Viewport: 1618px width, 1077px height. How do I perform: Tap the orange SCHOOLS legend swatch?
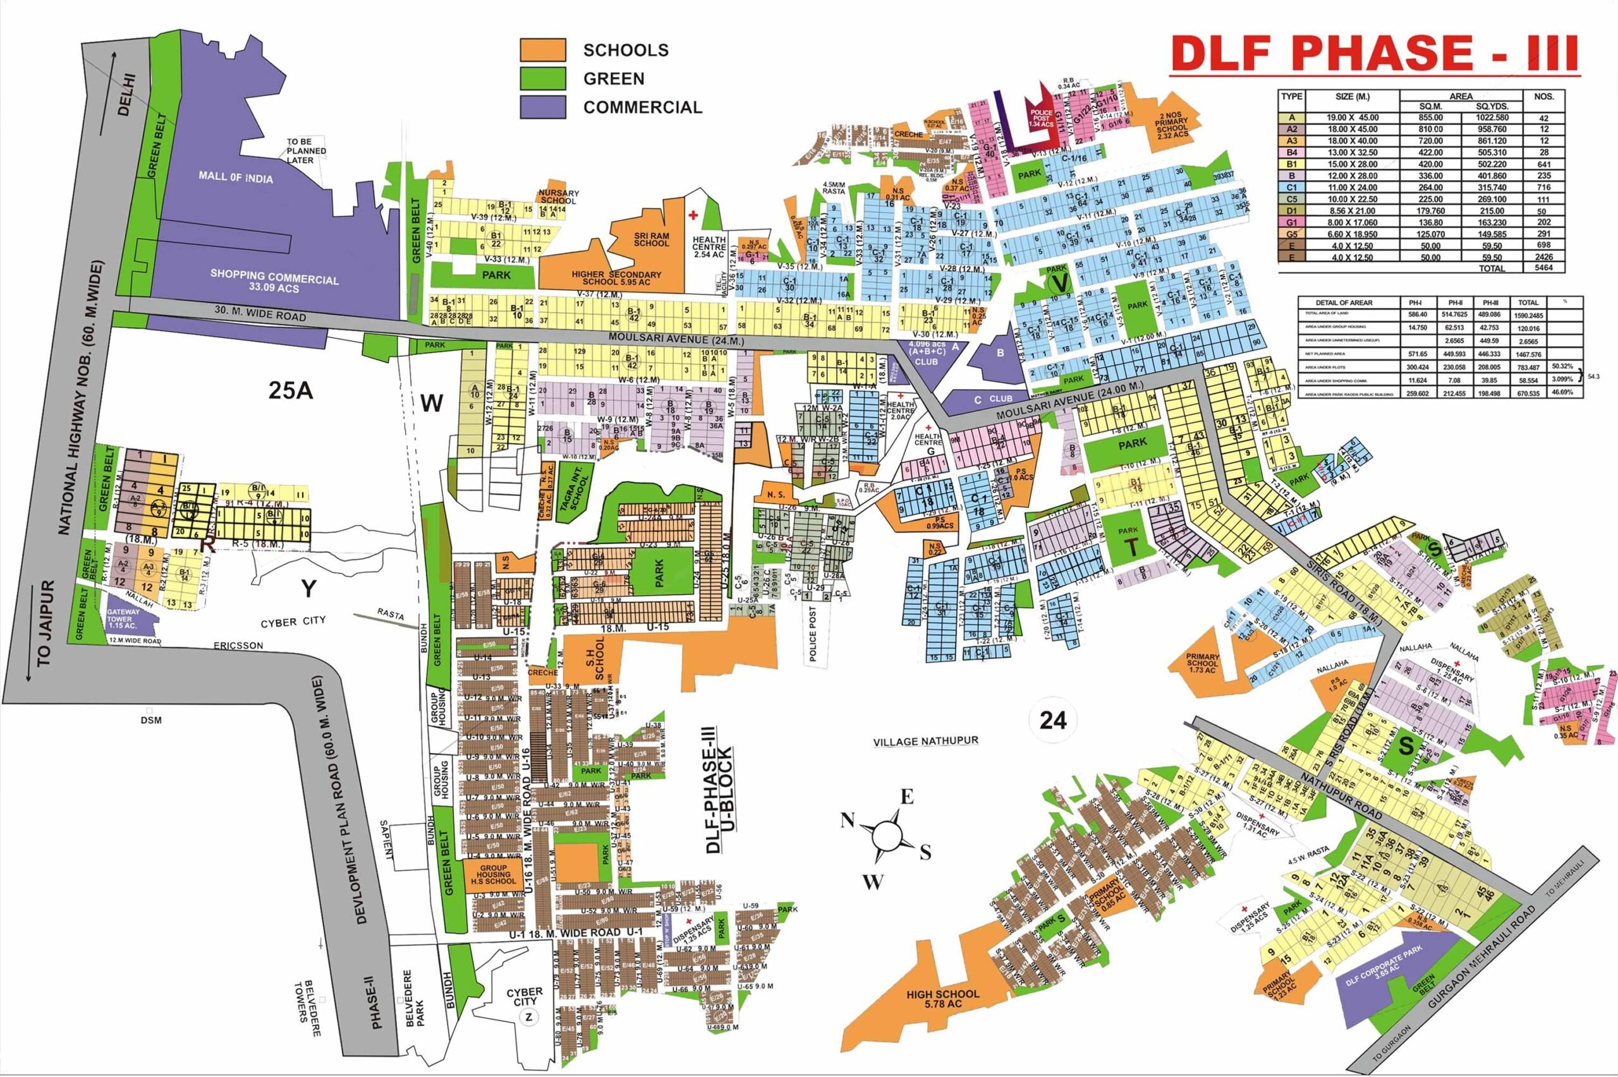pyautogui.click(x=543, y=50)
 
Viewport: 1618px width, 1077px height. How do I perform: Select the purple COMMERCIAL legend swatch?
pyautogui.click(x=543, y=107)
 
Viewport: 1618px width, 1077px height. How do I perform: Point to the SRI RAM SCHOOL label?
pyautogui.click(x=652, y=238)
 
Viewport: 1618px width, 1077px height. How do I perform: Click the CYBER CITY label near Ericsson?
pyautogui.click(x=293, y=623)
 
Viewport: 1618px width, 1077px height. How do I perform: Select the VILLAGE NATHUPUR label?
pyautogui.click(x=924, y=742)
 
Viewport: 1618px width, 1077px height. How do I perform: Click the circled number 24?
pyautogui.click(x=1052, y=720)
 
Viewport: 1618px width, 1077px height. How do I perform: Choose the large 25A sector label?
pyautogui.click(x=291, y=391)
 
